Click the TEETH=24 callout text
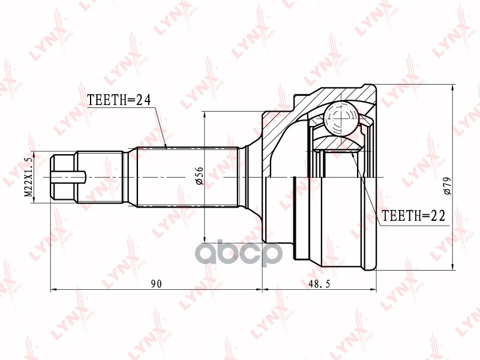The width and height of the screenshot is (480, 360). tap(119, 100)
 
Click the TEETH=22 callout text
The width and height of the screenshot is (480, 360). tap(413, 216)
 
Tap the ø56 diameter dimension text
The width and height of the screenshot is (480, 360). tap(199, 176)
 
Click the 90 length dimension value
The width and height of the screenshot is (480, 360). tap(156, 284)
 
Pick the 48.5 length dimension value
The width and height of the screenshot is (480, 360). tap(319, 284)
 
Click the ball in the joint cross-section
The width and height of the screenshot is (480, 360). tap(341, 118)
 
